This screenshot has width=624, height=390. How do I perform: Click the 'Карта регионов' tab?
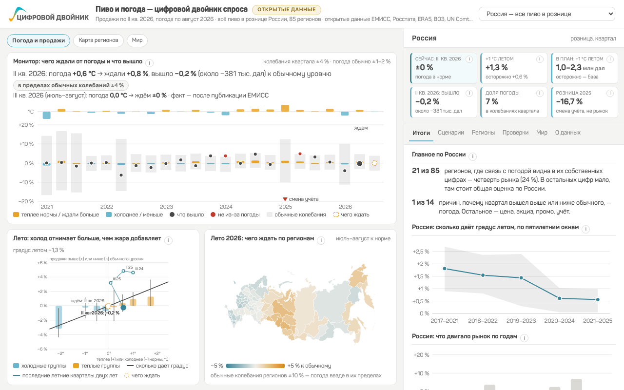pyautogui.click(x=98, y=40)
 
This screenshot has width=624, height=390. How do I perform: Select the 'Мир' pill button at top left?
pyautogui.click(x=137, y=40)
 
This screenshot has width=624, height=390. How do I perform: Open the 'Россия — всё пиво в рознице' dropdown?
pyautogui.click(x=547, y=14)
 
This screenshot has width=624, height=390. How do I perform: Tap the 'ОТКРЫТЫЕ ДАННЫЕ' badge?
pyautogui.click(x=286, y=10)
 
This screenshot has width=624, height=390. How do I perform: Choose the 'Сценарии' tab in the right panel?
pyautogui.click(x=451, y=133)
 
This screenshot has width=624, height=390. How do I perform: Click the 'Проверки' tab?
pyautogui.click(x=515, y=133)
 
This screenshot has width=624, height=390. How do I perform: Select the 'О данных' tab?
pyautogui.click(x=568, y=133)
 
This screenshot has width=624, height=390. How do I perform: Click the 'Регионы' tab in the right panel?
pyautogui.click(x=483, y=133)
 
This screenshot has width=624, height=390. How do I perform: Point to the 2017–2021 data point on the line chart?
pyautogui.click(x=445, y=269)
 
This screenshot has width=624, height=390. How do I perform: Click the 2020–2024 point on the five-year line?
pyautogui.click(x=559, y=298)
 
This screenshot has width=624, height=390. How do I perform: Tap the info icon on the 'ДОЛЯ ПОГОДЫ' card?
pyautogui.click(x=540, y=93)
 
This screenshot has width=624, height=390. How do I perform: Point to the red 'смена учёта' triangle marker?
pyautogui.click(x=285, y=199)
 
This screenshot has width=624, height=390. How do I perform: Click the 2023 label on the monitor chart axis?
pyautogui.click(x=166, y=207)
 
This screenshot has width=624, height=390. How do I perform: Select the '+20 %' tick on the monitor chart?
pyautogui.click(x=26, y=125)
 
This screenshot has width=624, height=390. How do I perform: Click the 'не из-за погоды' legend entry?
pyautogui.click(x=235, y=215)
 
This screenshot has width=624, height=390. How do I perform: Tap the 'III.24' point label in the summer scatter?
pyautogui.click(x=139, y=269)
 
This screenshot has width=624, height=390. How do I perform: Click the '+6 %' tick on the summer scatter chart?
pyautogui.click(x=42, y=263)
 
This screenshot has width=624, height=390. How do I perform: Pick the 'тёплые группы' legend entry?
pyautogui.click(x=97, y=366)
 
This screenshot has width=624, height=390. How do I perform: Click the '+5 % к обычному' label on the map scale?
pyautogui.click(x=309, y=366)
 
